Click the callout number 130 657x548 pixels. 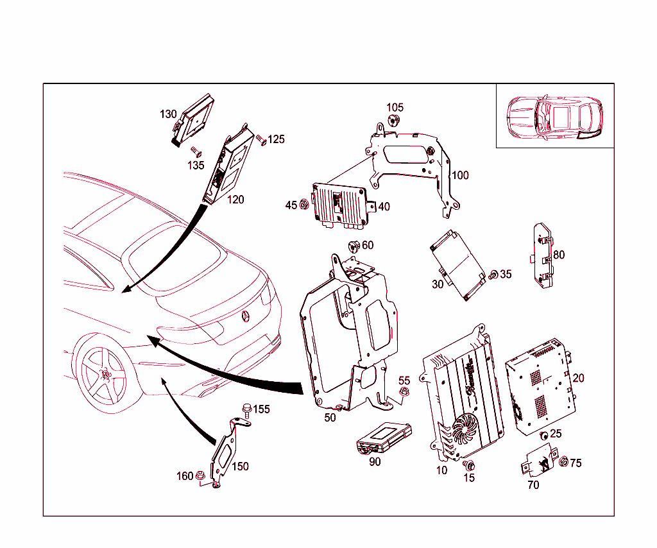168,114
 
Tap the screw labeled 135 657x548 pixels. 197,153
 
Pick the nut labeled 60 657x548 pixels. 352,245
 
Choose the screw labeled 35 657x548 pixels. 493,275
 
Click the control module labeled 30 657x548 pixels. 457,263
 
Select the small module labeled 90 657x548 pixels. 384,437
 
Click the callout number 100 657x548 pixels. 460,175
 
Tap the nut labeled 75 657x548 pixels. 564,462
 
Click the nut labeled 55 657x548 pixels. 404,393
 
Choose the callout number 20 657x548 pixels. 578,378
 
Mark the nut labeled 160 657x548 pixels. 201,476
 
